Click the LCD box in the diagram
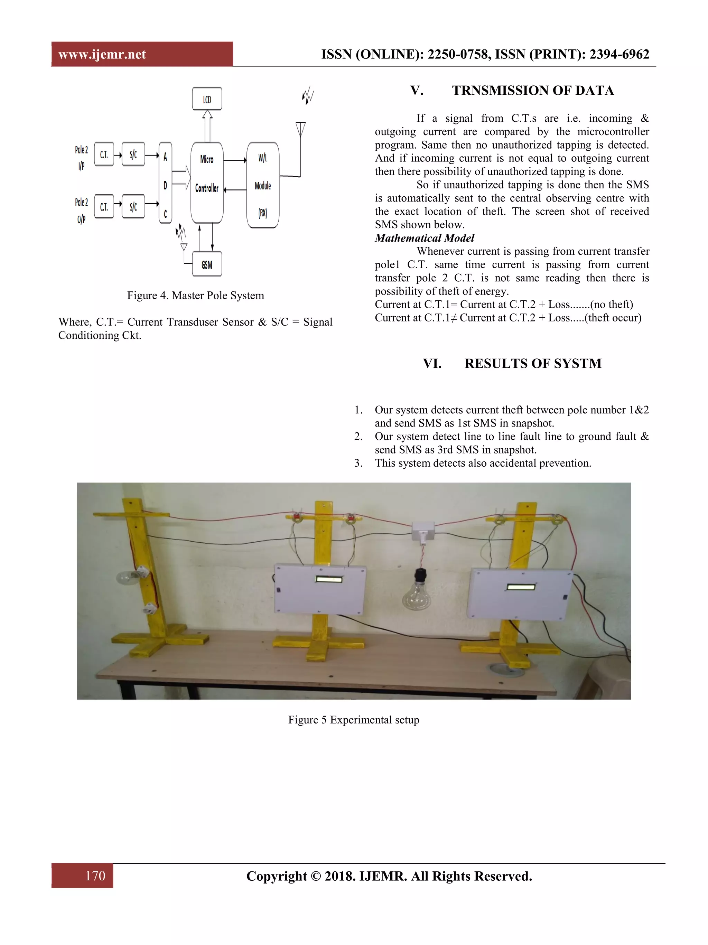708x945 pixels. pos(207,99)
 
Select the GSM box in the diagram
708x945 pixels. pos(207,264)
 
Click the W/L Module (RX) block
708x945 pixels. pos(263,185)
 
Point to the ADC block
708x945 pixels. pos(165,183)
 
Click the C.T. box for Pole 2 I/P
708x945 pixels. pos(104,154)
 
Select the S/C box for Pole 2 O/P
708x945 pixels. pos(133,207)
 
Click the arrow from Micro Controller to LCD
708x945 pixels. pos(207,125)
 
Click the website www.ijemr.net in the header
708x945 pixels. pos(102,54)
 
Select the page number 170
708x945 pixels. pos(95,876)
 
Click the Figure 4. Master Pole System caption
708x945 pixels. pos(195,295)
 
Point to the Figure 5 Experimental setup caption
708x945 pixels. pos(353,719)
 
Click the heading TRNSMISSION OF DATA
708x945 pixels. pos(532,91)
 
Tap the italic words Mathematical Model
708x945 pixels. pos(424,238)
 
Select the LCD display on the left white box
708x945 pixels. pos(329,579)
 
